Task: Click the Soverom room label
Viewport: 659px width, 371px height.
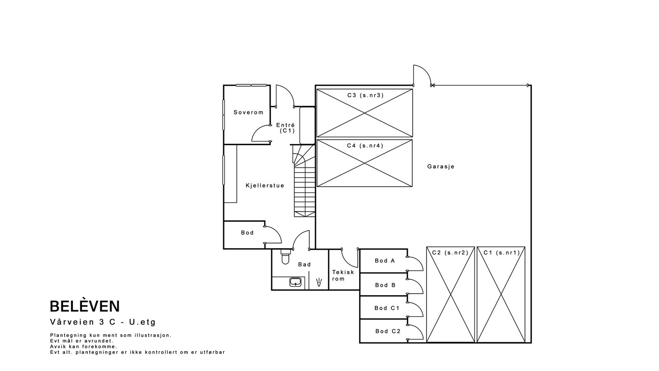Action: point(248,112)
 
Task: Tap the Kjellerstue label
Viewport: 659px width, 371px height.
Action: point(265,185)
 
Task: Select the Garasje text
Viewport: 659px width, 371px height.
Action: point(441,167)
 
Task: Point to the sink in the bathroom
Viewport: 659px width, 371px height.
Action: point(295,282)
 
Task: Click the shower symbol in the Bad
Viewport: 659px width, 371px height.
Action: point(319,282)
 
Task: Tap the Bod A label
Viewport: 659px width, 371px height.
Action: point(385,261)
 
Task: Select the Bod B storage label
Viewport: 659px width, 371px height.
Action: point(385,285)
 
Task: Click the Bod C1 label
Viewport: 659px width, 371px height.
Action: point(387,308)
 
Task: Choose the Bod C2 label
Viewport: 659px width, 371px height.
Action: point(388,331)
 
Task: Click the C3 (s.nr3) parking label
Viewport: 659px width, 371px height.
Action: point(365,95)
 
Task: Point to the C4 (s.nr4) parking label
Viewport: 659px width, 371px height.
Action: point(365,146)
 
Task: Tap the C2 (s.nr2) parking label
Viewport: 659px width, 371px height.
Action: point(450,252)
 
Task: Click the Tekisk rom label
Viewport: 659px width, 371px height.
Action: point(343,275)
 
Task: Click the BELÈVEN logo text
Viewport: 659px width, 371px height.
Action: point(85,306)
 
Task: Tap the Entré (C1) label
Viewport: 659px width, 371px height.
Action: point(285,128)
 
